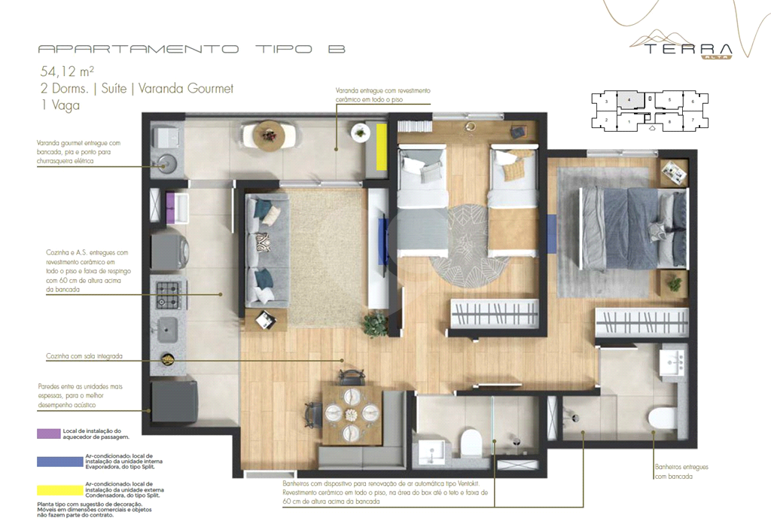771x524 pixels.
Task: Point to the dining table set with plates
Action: point(351,414)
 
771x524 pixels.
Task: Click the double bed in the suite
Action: point(633,227)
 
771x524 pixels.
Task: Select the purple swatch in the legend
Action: point(59,434)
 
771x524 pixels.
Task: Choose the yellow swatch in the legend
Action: point(59,489)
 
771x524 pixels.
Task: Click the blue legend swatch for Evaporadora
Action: point(59,462)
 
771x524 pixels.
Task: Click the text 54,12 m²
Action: point(67,72)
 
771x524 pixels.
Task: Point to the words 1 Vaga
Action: point(60,105)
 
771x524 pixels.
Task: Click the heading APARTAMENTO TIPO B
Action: point(191,49)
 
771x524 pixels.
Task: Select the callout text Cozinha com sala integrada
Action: point(84,355)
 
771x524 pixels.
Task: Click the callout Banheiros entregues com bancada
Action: point(681,471)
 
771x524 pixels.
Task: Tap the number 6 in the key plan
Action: point(693,101)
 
